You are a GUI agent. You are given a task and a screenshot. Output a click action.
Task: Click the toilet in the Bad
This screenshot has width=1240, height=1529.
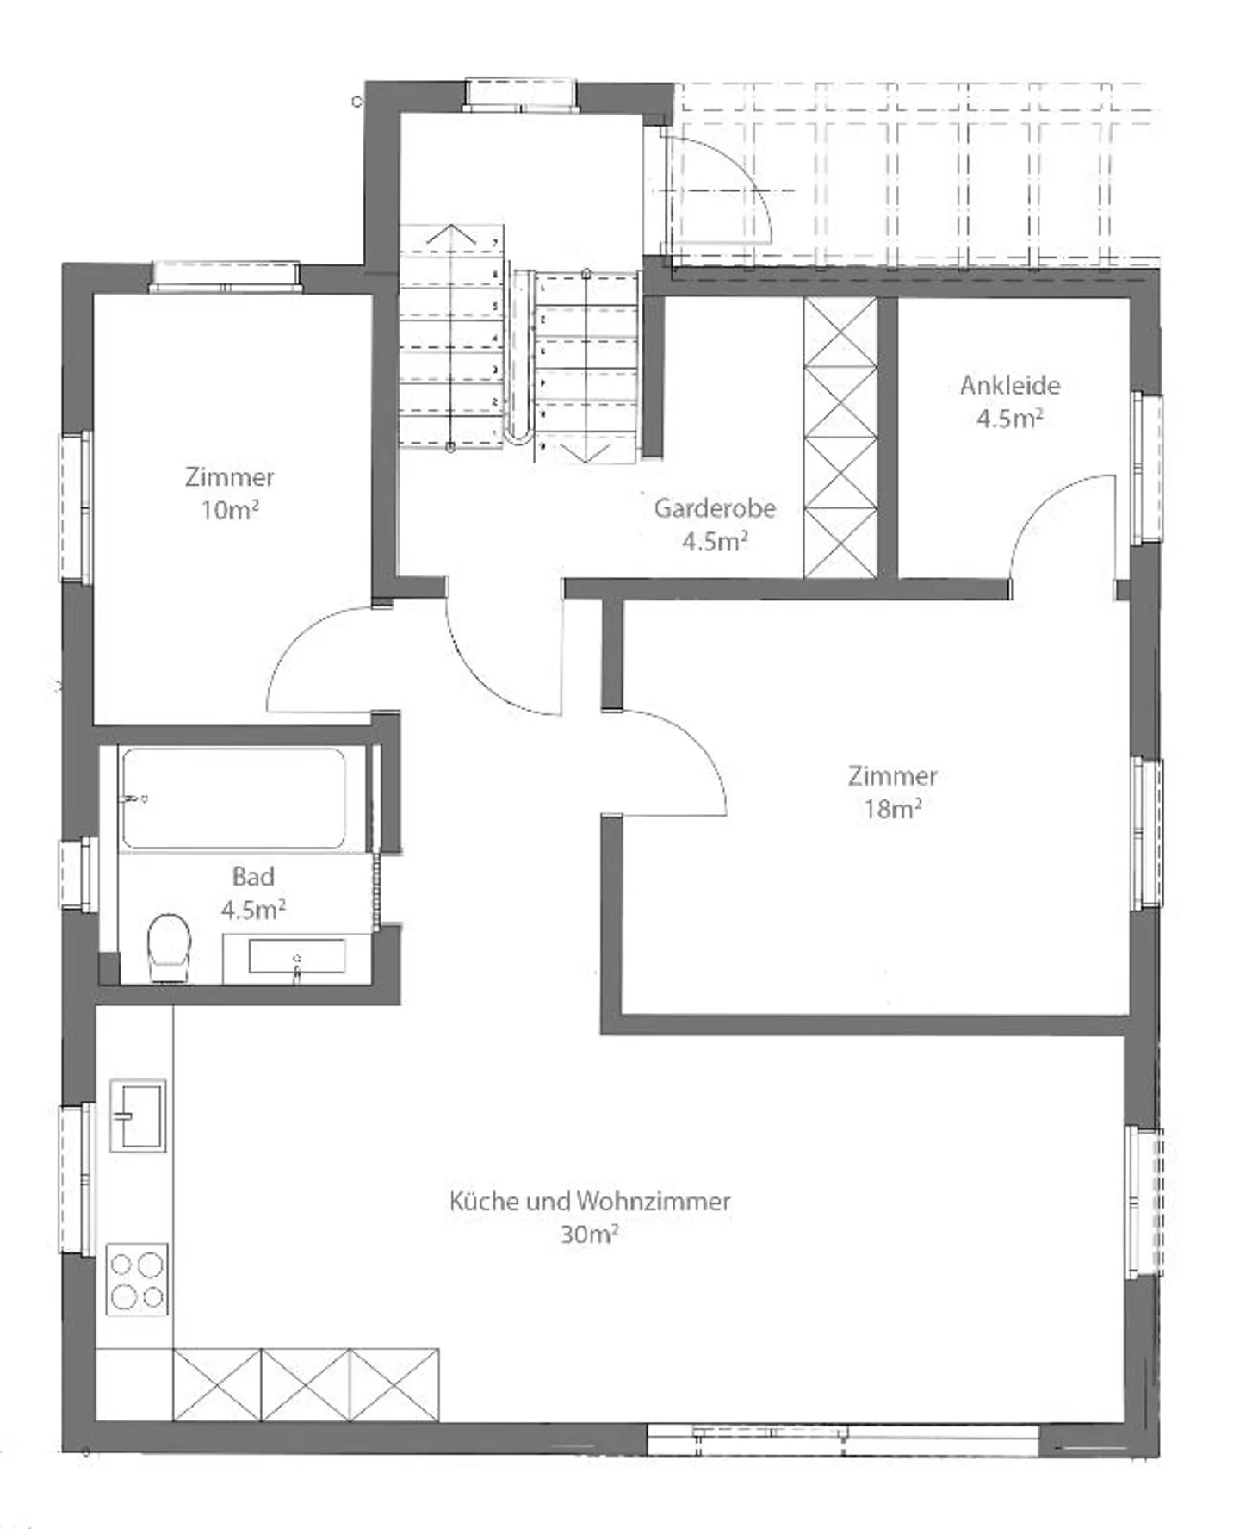pos(169,948)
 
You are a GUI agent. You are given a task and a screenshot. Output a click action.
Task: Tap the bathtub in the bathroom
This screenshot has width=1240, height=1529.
pos(233,799)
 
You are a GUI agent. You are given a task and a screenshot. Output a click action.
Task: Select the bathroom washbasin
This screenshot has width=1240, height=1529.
pos(296,957)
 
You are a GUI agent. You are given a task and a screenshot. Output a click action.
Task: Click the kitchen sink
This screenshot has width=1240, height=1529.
pos(138,1116)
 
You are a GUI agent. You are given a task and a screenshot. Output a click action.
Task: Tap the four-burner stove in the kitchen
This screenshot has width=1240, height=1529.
pos(138,1278)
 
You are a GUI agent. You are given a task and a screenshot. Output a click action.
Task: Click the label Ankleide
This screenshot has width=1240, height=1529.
pos(1010,385)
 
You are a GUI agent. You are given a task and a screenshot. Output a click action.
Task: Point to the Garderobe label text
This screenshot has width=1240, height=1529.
pos(715,508)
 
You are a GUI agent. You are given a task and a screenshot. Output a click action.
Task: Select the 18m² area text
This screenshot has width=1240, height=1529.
pos(893,809)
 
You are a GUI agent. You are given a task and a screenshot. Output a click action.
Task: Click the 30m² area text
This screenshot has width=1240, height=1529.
pos(590,1234)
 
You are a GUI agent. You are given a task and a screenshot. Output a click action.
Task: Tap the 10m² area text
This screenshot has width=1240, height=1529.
pos(230,510)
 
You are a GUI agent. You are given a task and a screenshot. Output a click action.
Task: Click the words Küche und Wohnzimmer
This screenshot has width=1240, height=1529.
pos(590,1201)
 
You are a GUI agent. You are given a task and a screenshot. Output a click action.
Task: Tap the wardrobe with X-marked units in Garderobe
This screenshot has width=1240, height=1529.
pos(840,438)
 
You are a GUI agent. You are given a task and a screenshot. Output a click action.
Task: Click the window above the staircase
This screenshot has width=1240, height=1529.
pos(520,95)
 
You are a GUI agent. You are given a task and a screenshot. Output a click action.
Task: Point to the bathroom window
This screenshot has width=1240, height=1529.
pos(76,873)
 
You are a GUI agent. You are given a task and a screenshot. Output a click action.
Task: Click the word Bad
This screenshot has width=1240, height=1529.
pos(253,876)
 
